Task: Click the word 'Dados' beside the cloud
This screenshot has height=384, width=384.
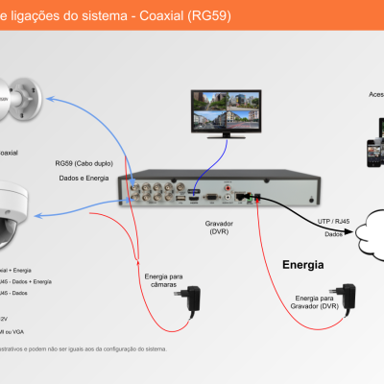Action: [x=334, y=233]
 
